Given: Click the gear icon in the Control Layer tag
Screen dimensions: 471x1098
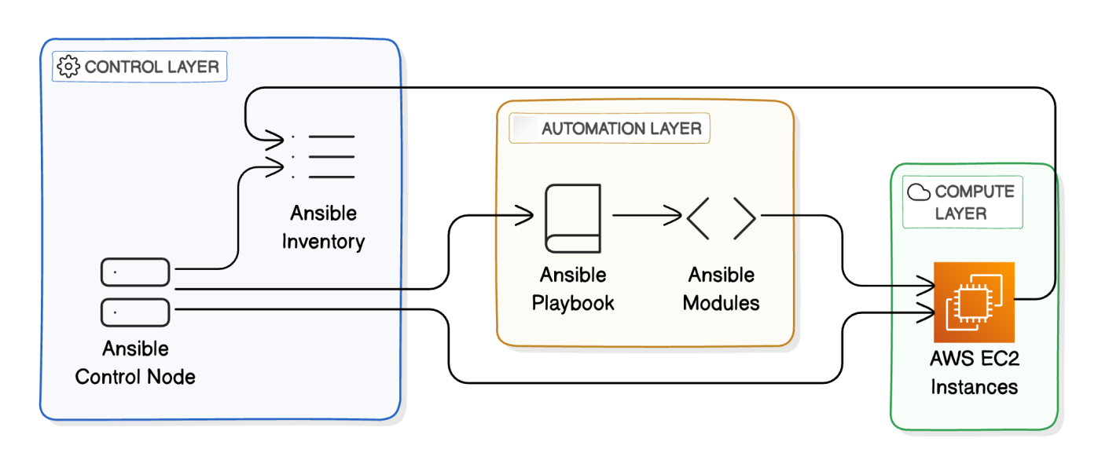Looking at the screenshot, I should click(69, 67).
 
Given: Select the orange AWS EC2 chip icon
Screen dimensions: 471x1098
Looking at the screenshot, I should click(974, 300).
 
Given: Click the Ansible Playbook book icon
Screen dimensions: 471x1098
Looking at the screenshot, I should click(572, 218).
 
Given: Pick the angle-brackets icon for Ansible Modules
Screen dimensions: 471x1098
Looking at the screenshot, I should click(721, 218).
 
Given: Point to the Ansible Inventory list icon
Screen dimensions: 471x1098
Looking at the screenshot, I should click(323, 156).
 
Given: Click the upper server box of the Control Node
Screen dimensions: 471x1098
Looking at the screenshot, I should click(135, 272).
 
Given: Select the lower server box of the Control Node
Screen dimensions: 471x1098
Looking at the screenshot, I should click(135, 312).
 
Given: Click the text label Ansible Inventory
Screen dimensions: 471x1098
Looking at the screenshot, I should click(323, 227).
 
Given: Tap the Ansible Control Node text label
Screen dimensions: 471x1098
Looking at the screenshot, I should click(135, 362).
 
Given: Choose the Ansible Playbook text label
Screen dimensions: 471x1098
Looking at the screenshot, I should click(573, 289).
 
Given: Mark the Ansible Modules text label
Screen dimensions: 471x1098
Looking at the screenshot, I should click(721, 289).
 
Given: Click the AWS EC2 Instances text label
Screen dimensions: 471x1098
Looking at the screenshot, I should click(974, 373).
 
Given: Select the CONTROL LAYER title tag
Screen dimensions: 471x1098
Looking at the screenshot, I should click(140, 67).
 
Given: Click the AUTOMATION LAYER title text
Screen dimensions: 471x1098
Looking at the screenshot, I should click(621, 128).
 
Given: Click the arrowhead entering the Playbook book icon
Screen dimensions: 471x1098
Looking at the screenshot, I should click(527, 214).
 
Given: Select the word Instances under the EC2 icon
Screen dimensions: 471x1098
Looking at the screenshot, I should click(974, 386).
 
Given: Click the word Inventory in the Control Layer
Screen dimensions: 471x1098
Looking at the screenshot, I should click(323, 240).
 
